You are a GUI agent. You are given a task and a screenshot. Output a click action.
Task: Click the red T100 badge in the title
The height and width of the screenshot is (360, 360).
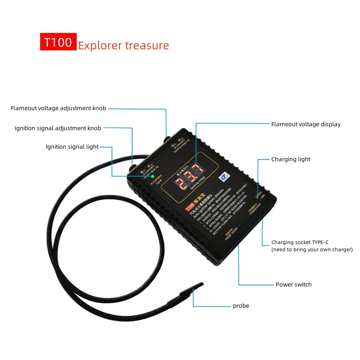pos(58,42)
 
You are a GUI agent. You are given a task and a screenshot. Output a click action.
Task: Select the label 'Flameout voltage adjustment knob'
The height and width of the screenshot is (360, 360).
pos(58,108)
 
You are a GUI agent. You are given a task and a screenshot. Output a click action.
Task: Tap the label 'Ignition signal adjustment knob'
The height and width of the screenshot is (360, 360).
pos(58,128)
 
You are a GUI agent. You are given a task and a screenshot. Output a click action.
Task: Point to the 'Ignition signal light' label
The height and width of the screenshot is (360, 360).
pos(72,147)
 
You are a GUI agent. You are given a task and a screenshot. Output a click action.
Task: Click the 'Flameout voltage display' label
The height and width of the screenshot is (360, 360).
pos(306,124)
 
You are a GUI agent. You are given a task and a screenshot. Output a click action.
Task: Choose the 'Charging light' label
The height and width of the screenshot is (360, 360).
pos(291,159)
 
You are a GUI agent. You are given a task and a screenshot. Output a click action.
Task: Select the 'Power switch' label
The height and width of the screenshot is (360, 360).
pos(293,284)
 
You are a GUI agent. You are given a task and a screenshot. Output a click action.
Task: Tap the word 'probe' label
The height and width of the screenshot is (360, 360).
pos(241,306)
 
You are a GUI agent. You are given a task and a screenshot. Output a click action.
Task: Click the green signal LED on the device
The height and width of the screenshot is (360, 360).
pos(153,176)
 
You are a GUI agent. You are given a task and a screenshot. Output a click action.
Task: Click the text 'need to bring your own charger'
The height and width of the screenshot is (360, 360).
pos(312,249)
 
